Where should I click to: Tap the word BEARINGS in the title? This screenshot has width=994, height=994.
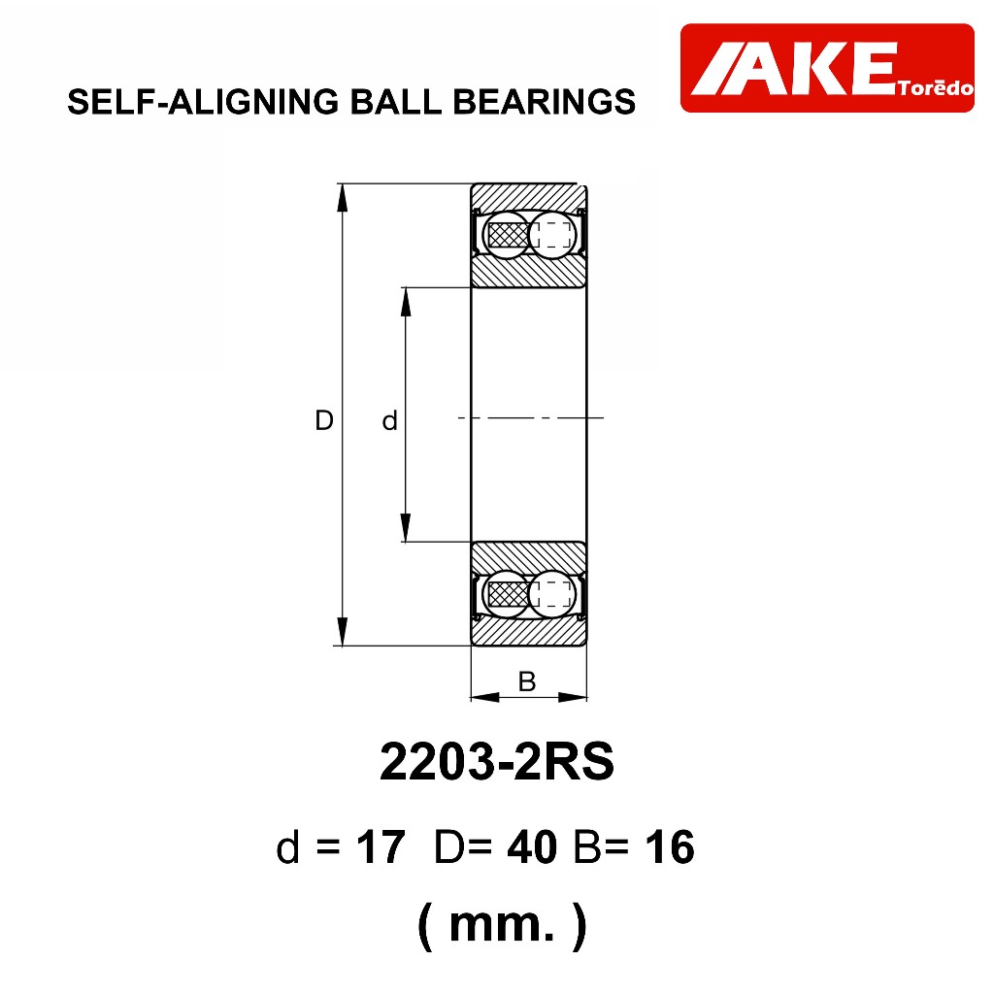(544, 102)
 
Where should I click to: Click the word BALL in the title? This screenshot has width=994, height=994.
(396, 102)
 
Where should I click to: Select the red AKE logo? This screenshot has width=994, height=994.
(827, 68)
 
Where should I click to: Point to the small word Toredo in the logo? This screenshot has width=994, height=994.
(935, 87)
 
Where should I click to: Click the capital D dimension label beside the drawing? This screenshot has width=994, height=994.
(324, 420)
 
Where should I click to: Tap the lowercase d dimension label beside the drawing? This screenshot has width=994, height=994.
(389, 420)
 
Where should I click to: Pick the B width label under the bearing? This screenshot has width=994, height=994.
(527, 681)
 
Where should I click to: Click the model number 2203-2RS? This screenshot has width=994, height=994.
(497, 761)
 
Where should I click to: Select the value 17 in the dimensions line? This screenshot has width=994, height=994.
(381, 846)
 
